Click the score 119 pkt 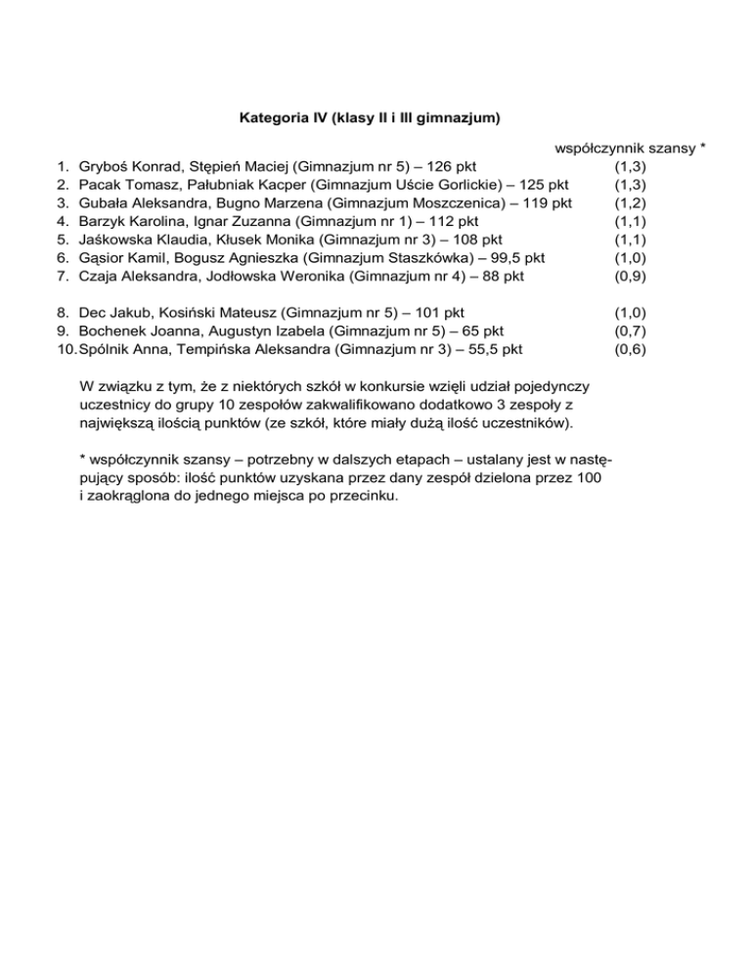click(x=543, y=203)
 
